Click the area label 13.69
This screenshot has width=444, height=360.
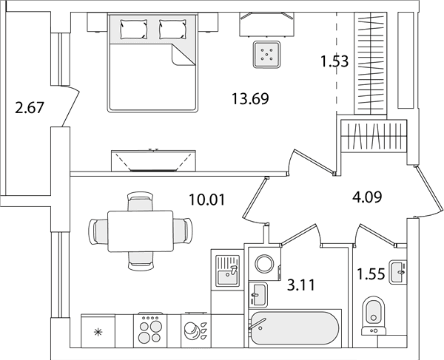click(x=250, y=99)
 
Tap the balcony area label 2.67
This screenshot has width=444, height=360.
click(x=30, y=108)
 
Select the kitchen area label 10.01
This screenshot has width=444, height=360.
click(x=207, y=200)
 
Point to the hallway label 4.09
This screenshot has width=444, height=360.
click(x=367, y=197)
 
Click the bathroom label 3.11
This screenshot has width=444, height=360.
click(x=301, y=285)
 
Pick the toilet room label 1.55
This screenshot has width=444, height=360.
click(x=371, y=274)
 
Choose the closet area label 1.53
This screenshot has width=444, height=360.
click(x=334, y=61)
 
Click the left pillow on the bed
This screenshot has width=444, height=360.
click(x=134, y=29)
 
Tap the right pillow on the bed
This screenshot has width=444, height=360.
click(x=172, y=29)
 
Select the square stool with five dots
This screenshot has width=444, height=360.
click(x=266, y=54)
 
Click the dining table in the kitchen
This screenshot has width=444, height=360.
click(x=141, y=231)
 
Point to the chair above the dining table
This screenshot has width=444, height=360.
click(x=140, y=201)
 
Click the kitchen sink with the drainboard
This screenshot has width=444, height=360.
click(x=227, y=271)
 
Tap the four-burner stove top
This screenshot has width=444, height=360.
click(x=150, y=330)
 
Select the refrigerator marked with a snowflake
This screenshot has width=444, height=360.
click(x=98, y=331)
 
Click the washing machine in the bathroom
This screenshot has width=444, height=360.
click(x=264, y=264)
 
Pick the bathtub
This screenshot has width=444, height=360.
click(x=295, y=328)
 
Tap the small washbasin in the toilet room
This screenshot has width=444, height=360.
click(x=398, y=272)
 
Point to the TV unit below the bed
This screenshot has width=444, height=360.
click(x=153, y=160)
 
